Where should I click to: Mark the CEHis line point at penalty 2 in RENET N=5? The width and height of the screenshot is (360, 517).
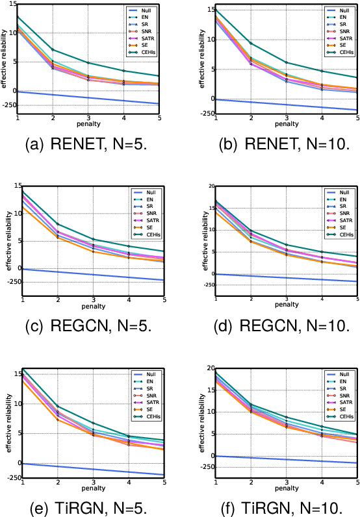[53, 50]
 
